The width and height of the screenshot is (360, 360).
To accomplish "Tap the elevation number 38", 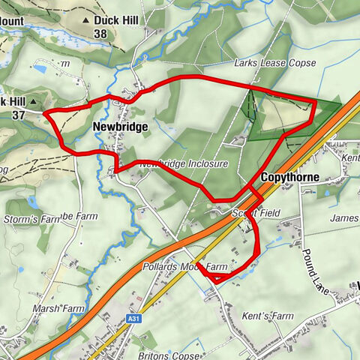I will (100, 34).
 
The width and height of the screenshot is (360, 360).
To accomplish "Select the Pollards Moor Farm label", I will (184, 266).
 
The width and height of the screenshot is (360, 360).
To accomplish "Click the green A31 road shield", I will (133, 319).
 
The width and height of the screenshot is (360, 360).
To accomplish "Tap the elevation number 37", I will (19, 115).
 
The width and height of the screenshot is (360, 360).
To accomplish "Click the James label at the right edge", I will (343, 217).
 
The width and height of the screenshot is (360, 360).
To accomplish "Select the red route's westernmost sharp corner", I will (45, 113).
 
